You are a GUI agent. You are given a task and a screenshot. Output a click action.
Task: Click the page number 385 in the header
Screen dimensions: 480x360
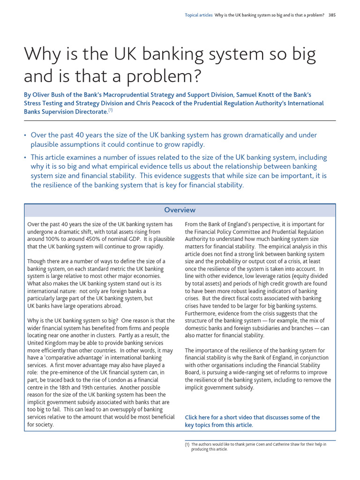click(332, 15)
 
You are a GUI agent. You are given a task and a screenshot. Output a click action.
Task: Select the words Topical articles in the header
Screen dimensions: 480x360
click(199, 15)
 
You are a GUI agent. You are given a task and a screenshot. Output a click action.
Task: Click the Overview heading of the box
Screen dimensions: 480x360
click(180, 210)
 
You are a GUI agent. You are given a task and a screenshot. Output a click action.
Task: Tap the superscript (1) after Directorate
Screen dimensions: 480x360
click(111, 111)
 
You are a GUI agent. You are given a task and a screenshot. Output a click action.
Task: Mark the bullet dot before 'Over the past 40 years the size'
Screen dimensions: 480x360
click(25, 135)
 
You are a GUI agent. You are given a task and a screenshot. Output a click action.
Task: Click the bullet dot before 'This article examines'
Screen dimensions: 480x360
click(25, 158)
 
